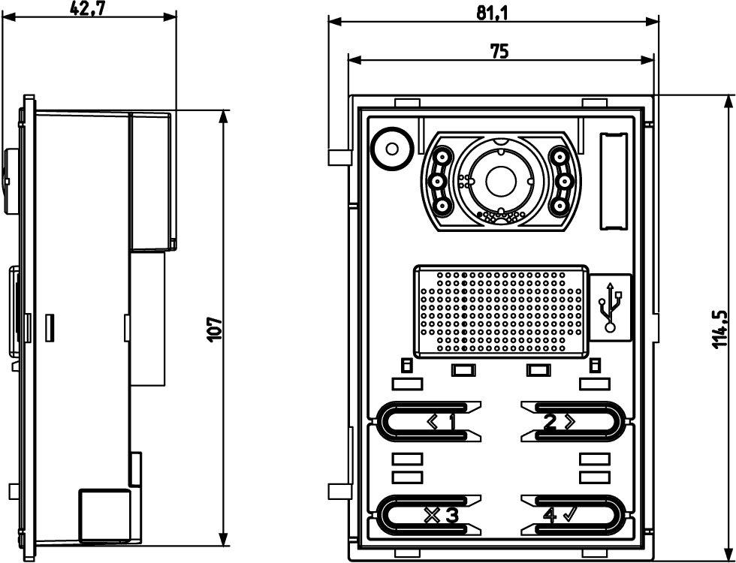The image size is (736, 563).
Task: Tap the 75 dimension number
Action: [499, 51]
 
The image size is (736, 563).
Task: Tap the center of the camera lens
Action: [498, 181]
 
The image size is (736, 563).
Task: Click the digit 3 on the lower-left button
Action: [451, 515]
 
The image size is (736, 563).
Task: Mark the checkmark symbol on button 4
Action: [569, 514]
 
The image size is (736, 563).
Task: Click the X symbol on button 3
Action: [432, 515]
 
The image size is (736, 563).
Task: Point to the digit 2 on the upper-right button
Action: [550, 423]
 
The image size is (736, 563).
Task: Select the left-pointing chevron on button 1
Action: [433, 423]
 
